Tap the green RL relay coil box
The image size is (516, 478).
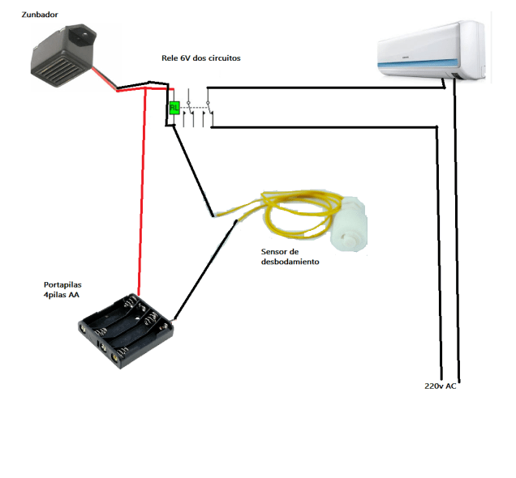point(174,107)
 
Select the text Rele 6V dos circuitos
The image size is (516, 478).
point(200,58)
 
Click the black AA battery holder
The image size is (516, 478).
point(127,331)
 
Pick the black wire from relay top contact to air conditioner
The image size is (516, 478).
point(325,87)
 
